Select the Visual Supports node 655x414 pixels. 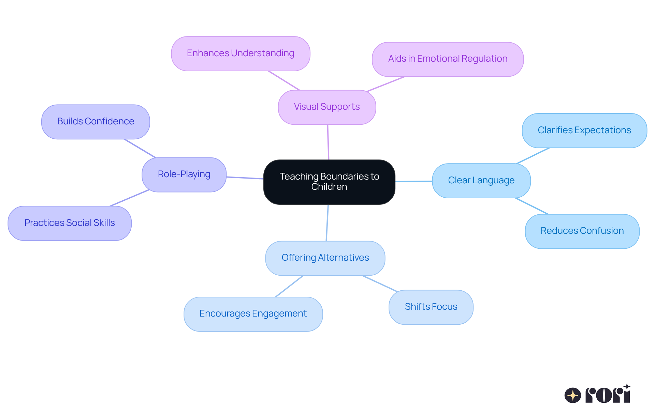click(327, 107)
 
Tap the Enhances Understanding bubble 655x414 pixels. click(241, 53)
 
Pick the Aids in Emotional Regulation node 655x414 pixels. click(448, 59)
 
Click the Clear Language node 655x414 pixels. click(481, 180)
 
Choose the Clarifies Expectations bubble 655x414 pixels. click(584, 130)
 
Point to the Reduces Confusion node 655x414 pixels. click(582, 231)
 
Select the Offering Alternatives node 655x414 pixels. click(325, 258)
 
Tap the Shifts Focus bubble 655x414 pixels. click(431, 307)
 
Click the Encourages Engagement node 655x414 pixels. click(253, 314)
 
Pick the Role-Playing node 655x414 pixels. click(184, 174)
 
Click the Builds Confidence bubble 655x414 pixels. click(96, 122)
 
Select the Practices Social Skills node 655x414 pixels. click(70, 223)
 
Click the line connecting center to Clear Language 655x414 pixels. click(413, 181)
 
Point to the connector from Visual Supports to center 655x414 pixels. click(328, 142)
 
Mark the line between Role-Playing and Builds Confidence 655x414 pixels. click(140, 148)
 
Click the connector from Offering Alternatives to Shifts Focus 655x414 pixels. click(380, 283)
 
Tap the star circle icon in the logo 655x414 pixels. click(572, 395)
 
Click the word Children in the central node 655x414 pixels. click(329, 187)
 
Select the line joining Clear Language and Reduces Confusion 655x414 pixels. click(532, 206)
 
